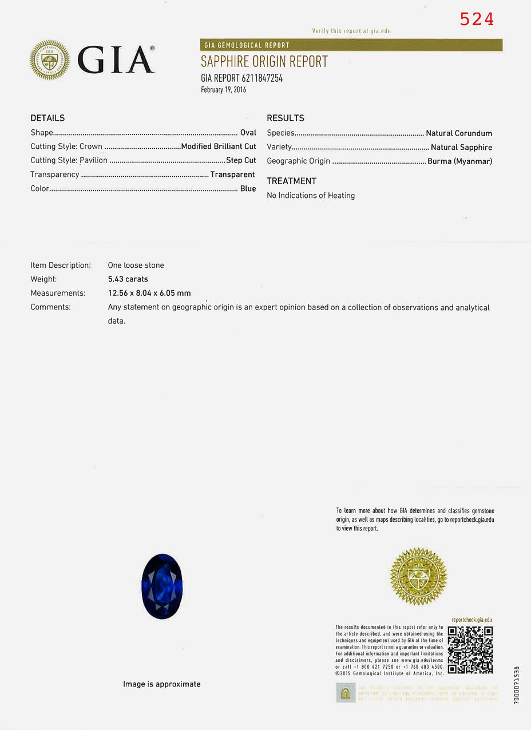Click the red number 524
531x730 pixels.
point(477,19)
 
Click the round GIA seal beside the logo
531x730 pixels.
point(50,59)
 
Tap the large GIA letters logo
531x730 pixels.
point(116,59)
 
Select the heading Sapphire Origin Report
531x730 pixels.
point(264,62)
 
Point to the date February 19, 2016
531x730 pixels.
point(223,90)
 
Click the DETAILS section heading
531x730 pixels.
point(47,118)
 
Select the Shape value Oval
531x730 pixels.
point(248,133)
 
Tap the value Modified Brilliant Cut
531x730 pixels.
point(219,146)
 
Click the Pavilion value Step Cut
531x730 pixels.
point(241,160)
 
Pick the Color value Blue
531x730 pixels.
point(248,189)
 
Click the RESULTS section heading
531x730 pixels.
point(286,118)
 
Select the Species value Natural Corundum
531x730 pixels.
point(459,133)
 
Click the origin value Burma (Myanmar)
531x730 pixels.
point(459,161)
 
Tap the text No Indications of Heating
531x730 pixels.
point(311,196)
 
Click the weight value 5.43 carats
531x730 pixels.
point(128,279)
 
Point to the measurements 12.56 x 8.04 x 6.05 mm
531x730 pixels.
point(149,293)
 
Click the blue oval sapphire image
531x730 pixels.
point(161,586)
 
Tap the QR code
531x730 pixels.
point(470,650)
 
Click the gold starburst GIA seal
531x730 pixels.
point(418,576)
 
